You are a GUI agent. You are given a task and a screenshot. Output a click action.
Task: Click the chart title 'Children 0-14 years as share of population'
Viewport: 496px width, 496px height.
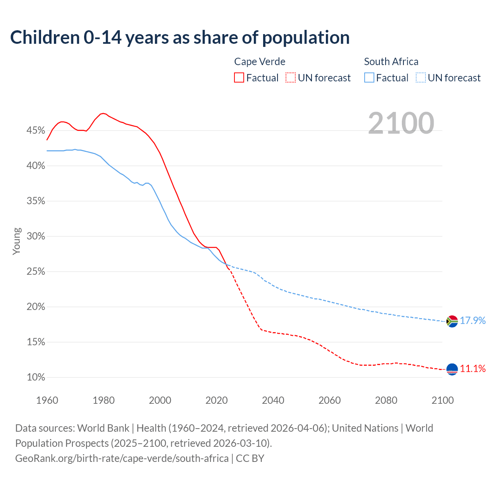tap(180, 38)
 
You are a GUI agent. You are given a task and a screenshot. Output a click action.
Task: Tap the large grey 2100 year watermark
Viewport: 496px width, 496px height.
tap(401, 123)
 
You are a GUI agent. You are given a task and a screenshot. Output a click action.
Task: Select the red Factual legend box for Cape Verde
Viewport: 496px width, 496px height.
tap(239, 78)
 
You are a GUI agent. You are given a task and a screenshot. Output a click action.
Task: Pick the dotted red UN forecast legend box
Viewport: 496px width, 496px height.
tap(290, 78)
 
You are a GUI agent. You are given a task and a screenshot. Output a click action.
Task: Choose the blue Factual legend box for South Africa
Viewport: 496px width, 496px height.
tap(369, 78)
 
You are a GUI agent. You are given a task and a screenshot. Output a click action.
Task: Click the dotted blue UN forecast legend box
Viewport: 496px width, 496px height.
tap(420, 78)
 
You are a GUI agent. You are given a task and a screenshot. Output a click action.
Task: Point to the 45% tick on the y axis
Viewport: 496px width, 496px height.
tap(36, 131)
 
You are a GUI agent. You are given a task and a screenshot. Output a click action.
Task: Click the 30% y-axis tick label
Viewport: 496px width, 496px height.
tap(36, 236)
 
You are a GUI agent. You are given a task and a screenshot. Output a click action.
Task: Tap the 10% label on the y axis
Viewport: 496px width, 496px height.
tap(36, 377)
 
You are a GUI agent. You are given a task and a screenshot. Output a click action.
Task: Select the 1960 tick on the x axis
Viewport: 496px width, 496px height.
tap(47, 400)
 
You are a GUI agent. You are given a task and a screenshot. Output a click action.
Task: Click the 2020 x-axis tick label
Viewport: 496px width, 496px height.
tap(216, 400)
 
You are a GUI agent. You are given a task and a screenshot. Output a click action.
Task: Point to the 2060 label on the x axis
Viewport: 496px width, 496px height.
tap(329, 400)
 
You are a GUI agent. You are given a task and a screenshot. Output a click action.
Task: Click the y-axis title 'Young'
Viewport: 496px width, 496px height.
tap(16, 241)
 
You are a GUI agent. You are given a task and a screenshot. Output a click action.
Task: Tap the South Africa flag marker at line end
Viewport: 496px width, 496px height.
tap(452, 321)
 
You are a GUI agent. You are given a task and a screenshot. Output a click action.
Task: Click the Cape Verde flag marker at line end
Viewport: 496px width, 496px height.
tap(452, 369)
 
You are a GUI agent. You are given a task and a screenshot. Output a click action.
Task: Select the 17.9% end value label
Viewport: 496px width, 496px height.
tap(472, 321)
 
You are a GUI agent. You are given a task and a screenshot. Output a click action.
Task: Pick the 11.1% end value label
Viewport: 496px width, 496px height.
tap(472, 369)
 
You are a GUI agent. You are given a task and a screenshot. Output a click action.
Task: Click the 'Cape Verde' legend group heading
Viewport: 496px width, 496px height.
tap(260, 62)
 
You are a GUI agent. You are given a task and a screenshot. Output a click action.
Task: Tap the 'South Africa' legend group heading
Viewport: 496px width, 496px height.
tap(391, 62)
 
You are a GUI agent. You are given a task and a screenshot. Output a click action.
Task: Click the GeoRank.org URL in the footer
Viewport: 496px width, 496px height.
tap(122, 458)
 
